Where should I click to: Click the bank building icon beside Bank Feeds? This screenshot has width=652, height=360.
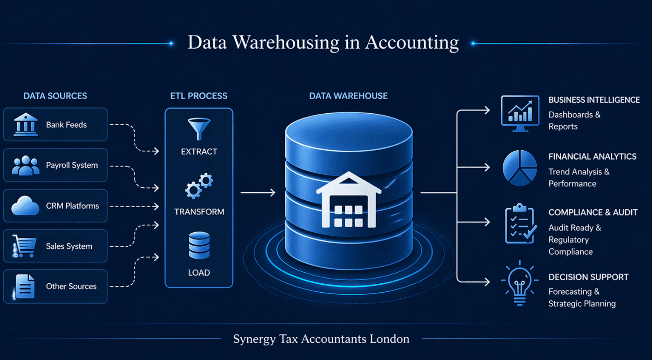[26, 125]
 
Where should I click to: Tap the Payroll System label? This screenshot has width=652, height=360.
[71, 165]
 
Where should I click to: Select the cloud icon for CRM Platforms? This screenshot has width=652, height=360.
[26, 206]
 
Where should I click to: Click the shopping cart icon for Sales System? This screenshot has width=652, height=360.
[24, 245]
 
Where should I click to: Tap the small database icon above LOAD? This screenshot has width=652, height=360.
[199, 246]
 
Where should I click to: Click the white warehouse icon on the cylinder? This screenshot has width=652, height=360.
[348, 200]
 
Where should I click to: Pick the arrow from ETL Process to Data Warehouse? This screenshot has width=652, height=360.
[258, 193]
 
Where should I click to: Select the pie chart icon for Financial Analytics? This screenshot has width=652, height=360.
[520, 168]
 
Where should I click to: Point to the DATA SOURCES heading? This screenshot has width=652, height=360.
[55, 96]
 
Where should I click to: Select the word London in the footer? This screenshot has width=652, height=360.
[389, 339]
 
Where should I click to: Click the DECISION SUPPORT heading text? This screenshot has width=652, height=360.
[588, 277]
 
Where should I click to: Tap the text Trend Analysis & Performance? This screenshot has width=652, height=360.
[578, 177]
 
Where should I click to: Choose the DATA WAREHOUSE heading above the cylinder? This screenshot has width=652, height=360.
[348, 96]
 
